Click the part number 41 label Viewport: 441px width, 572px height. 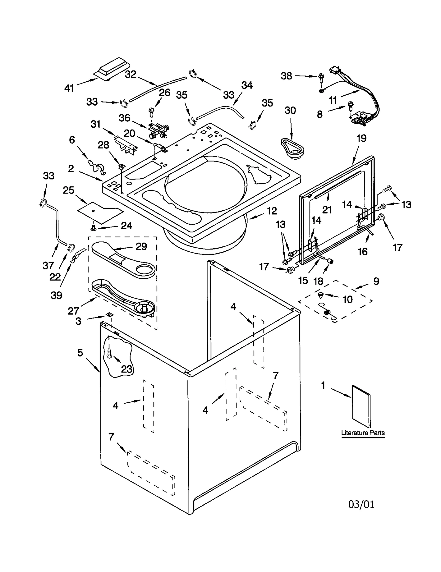[x=69, y=88]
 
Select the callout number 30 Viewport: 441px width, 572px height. [x=290, y=111]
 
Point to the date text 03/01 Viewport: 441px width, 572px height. [x=361, y=504]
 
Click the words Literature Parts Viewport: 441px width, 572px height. [x=363, y=433]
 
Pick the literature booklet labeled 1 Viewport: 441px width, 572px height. [x=361, y=406]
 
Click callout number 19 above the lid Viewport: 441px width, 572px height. [x=361, y=138]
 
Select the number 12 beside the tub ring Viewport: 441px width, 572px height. [x=272, y=211]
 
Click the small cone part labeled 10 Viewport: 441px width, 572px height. [x=321, y=296]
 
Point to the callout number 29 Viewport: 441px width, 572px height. [x=141, y=246]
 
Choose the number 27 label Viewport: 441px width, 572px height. [x=74, y=311]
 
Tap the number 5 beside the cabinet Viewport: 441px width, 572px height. [x=80, y=353]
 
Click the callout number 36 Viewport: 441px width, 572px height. [x=124, y=118]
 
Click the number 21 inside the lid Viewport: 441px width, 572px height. [x=327, y=210]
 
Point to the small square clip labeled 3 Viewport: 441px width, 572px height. [x=110, y=315]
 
